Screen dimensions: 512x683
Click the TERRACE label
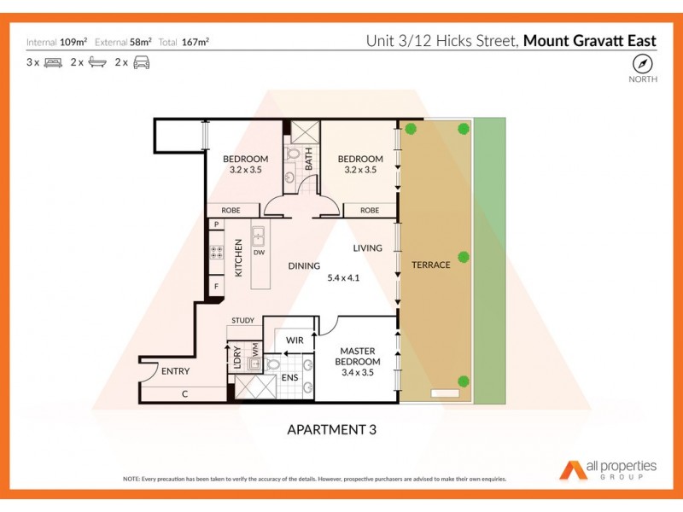click(x=430, y=265)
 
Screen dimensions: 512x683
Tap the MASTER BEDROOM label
click(x=359, y=357)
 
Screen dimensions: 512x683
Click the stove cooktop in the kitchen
click(x=217, y=252)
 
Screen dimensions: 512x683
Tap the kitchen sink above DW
click(x=258, y=236)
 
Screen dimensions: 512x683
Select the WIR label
click(x=295, y=340)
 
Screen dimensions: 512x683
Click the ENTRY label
click(x=175, y=371)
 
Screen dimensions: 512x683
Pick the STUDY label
click(x=242, y=321)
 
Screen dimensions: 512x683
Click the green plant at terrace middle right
click(x=464, y=257)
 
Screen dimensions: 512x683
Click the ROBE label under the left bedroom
click(x=231, y=210)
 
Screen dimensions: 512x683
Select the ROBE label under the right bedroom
click(x=369, y=210)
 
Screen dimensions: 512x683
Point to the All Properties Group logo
click(x=608, y=468)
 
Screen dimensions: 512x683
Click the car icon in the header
click(x=142, y=62)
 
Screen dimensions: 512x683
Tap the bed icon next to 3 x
click(x=53, y=62)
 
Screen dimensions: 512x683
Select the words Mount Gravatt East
click(x=589, y=40)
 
